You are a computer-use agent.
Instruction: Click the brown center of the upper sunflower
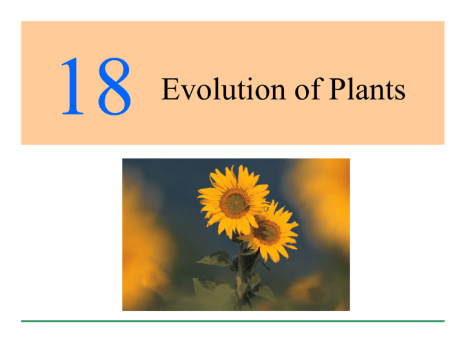coord(234,203)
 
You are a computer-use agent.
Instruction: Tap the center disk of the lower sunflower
coord(267,231)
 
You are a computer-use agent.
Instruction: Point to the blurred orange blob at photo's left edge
coord(137,243)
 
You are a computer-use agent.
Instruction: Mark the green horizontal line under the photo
coord(232,321)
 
